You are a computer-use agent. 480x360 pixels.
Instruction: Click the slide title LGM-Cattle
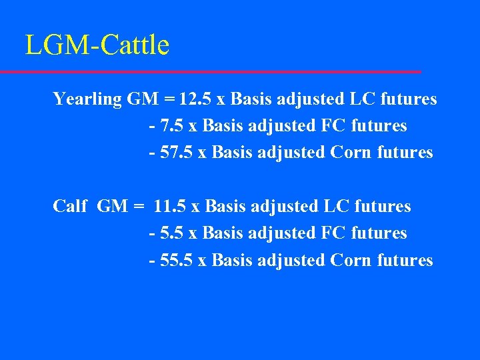[97, 45]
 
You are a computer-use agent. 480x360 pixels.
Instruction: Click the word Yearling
[87, 100]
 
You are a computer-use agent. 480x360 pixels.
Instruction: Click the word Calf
[70, 207]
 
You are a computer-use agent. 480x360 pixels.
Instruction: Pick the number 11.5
[169, 207]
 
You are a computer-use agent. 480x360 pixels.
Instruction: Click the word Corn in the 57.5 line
[351, 153]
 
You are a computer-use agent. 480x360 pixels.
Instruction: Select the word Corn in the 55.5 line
[351, 260]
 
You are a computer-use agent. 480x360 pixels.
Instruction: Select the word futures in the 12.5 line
[409, 99]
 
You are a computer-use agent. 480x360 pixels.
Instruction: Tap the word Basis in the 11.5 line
[223, 207]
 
